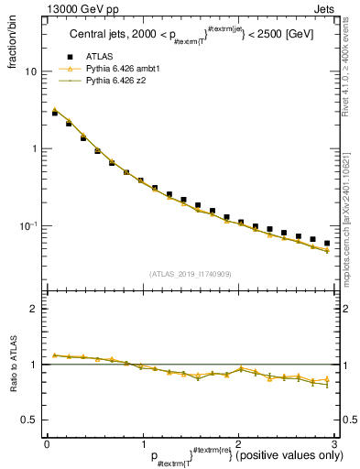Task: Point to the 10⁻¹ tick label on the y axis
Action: (29, 225)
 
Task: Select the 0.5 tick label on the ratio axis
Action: (30, 420)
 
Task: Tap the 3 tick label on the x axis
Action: (333, 444)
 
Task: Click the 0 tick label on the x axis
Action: (47, 444)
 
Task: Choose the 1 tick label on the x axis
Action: (142, 444)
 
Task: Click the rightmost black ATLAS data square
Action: (327, 244)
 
